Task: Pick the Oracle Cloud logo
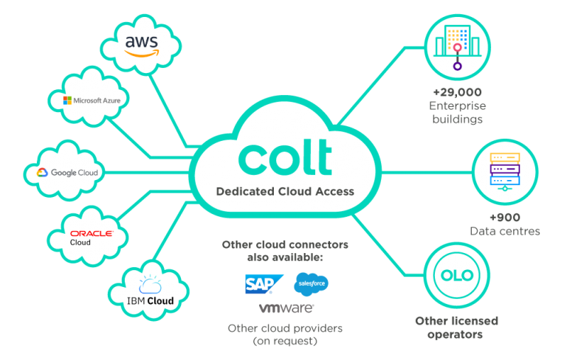pos(91,237)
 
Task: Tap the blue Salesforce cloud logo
pos(311,283)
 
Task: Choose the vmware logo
pos(286,307)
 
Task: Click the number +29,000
pos(458,92)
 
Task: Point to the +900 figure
pos(504,218)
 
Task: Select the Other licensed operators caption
pos(456,328)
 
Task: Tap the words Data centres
pos(504,231)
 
